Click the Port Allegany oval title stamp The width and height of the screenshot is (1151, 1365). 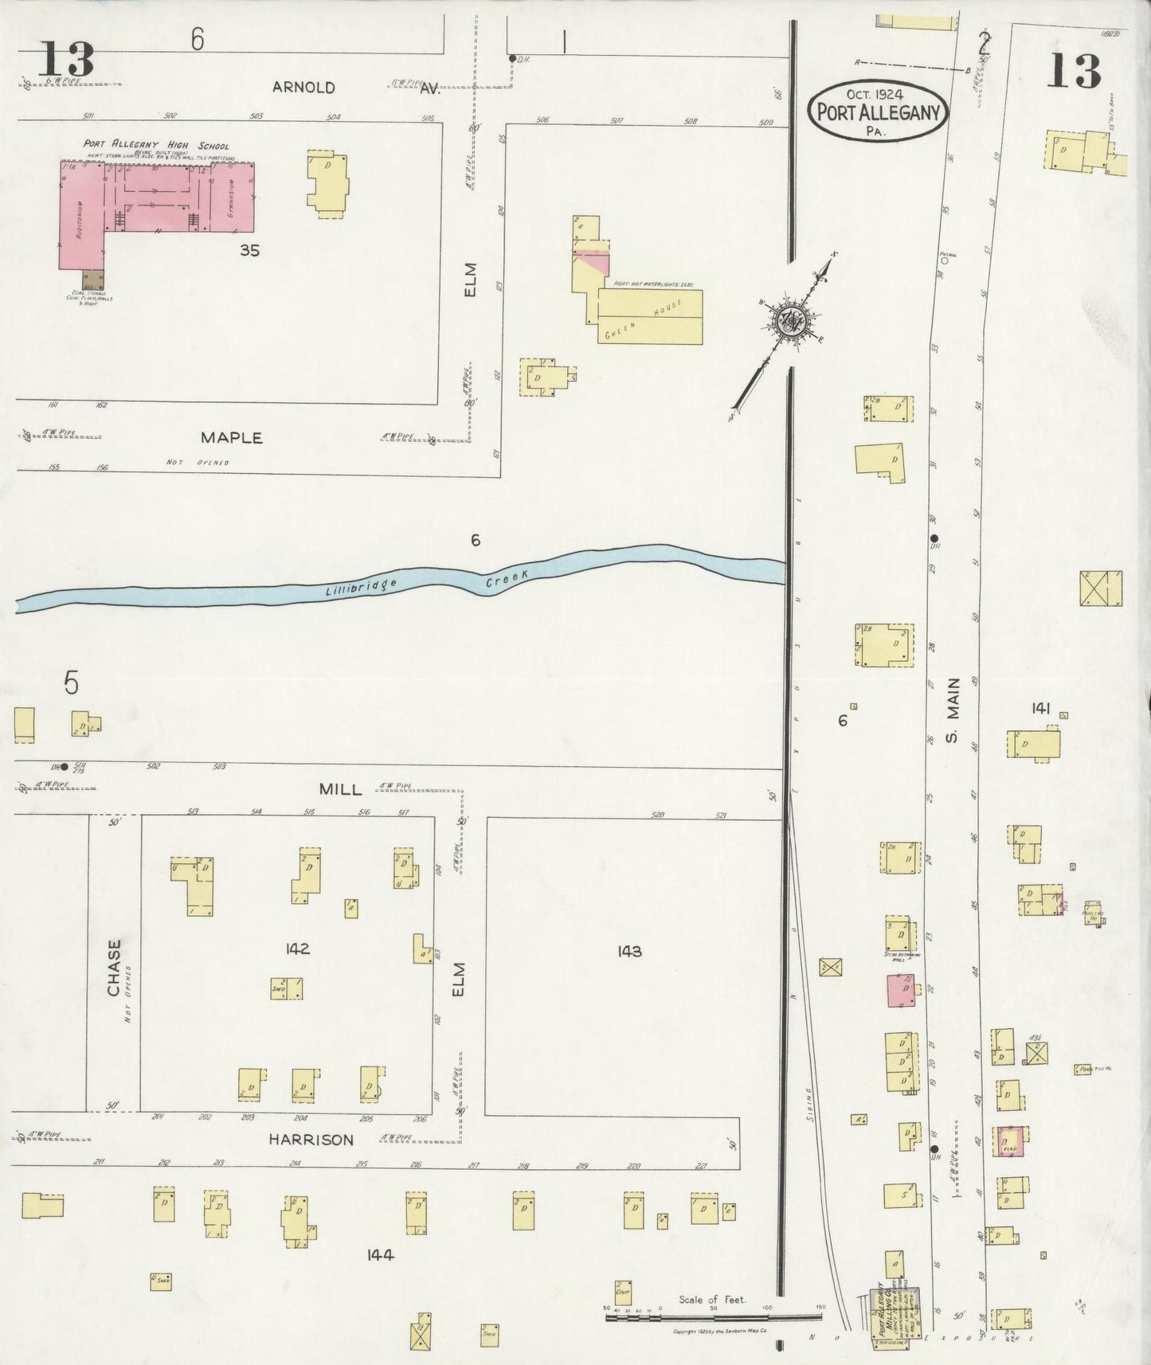(x=879, y=111)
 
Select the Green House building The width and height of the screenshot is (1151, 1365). (x=650, y=316)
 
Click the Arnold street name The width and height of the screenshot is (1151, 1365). (x=303, y=88)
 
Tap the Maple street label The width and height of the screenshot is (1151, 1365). (x=231, y=438)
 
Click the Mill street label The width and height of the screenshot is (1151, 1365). (x=340, y=789)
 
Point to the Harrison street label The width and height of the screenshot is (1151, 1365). (x=311, y=1140)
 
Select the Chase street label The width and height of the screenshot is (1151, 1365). (x=114, y=968)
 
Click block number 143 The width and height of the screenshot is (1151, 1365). (x=629, y=951)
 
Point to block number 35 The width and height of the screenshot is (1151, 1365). (x=249, y=251)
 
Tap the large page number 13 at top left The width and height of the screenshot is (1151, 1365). (x=65, y=60)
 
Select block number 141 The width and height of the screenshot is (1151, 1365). (x=1040, y=708)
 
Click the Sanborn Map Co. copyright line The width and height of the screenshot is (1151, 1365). (x=720, y=1332)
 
